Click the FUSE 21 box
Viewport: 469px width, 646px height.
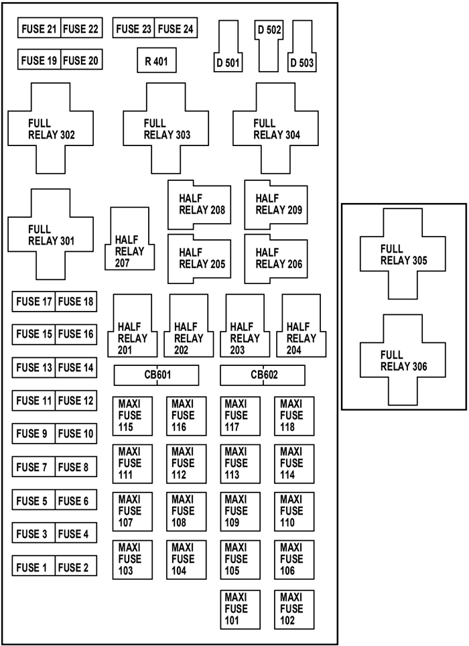click(39, 28)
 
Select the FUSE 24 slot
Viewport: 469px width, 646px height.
click(176, 28)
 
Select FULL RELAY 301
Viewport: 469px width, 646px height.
click(50, 234)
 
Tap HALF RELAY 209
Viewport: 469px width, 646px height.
click(275, 204)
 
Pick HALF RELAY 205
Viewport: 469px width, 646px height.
click(199, 258)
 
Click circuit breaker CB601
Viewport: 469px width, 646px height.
click(156, 375)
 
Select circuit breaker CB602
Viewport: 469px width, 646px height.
click(263, 375)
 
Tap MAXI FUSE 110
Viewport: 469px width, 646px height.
click(294, 511)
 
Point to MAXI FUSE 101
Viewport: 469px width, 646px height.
click(240, 608)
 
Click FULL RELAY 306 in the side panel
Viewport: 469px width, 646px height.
click(403, 360)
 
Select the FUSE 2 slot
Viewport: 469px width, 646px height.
click(76, 566)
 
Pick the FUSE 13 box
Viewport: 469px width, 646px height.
click(33, 367)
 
